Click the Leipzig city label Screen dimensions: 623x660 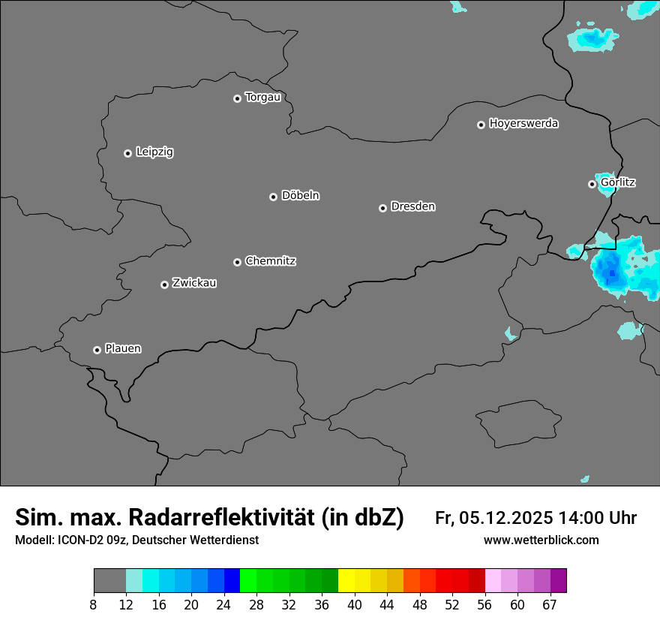[154, 152]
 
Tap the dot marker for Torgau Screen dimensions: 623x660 [237, 98]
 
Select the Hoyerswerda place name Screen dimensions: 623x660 [523, 124]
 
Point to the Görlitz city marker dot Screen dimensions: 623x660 [592, 184]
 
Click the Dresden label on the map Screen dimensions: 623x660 [412, 206]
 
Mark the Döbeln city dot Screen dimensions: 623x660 [273, 197]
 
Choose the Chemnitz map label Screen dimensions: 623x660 [270, 261]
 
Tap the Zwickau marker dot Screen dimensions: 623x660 [164, 284]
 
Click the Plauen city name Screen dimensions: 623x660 [123, 349]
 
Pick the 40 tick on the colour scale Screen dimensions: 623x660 [355, 604]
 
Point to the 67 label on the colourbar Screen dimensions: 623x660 [550, 604]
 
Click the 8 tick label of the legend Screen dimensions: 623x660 [93, 604]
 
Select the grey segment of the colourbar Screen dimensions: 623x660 [109, 581]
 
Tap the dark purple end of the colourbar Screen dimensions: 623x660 [559, 581]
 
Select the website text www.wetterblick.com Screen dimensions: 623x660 [541, 540]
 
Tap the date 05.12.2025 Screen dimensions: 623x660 [506, 518]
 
